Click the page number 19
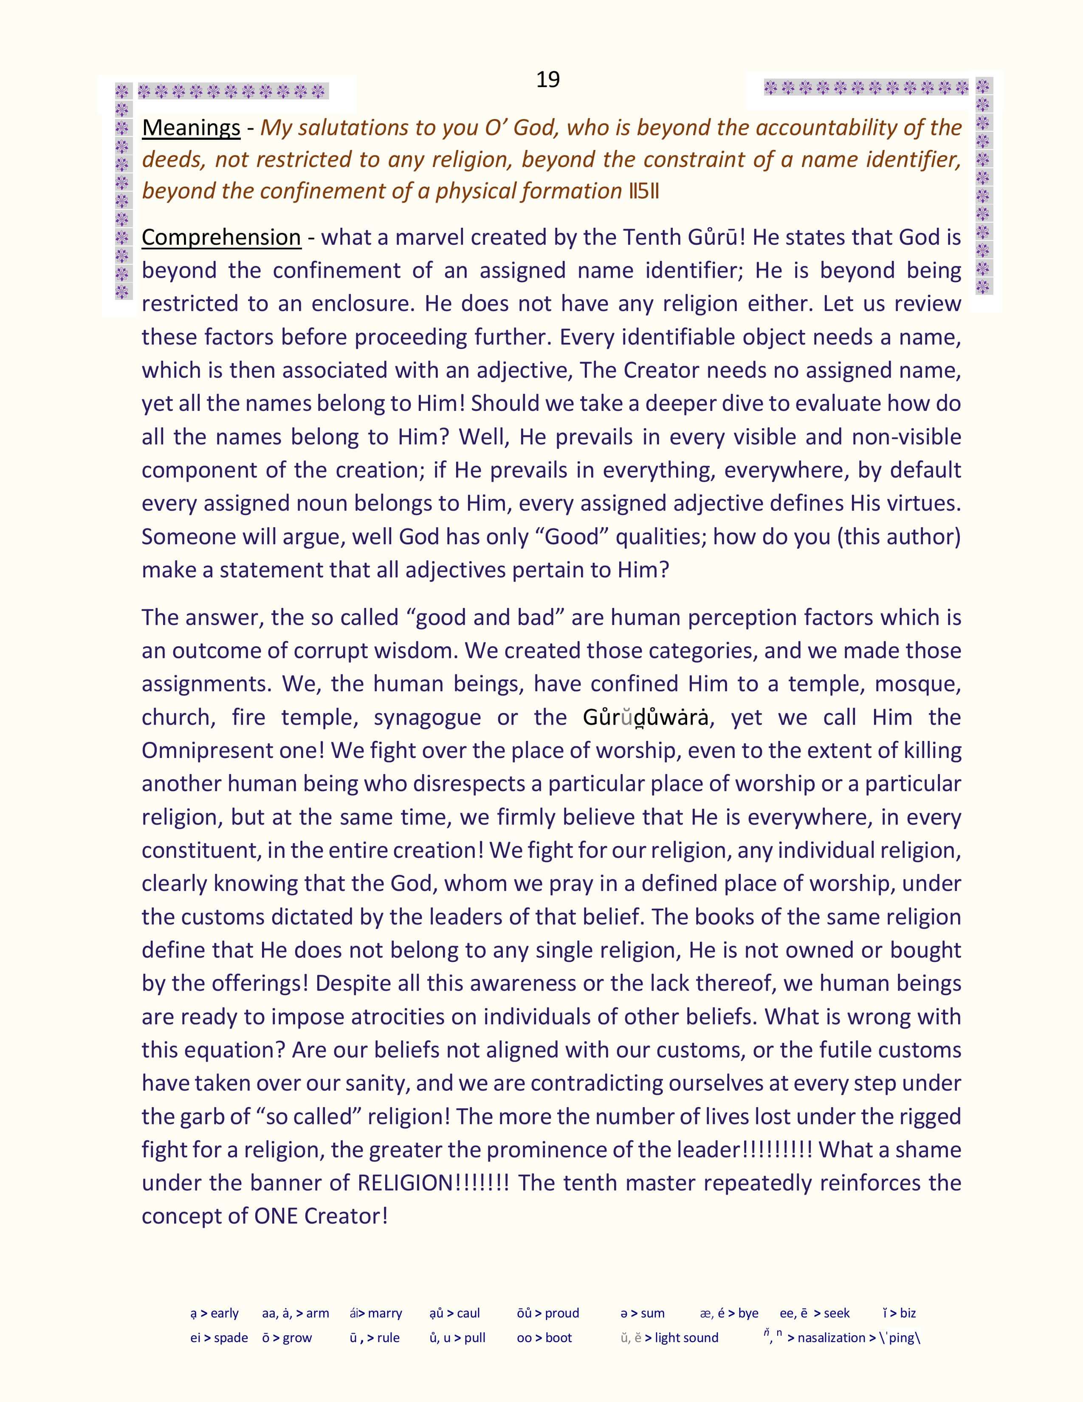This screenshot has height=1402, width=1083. coord(547,79)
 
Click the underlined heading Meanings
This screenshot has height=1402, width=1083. coord(191,128)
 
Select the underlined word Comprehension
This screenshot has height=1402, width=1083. coord(221,237)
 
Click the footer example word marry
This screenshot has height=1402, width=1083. coord(385,1313)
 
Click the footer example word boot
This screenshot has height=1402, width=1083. coord(558,1338)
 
